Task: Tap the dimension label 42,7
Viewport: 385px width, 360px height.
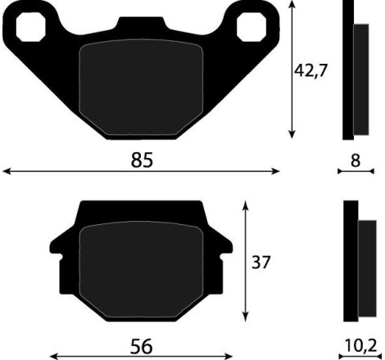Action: point(311,71)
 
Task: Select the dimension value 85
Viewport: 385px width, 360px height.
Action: point(142,160)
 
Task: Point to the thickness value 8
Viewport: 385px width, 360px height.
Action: point(355,161)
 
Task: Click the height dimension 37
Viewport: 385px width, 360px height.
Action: point(260,263)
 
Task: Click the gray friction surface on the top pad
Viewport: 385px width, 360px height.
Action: point(141,88)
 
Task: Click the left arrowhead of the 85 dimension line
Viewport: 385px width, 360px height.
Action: point(6,172)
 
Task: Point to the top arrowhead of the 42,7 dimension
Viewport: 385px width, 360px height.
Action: point(292,6)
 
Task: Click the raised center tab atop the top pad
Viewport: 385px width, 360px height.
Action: point(141,26)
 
